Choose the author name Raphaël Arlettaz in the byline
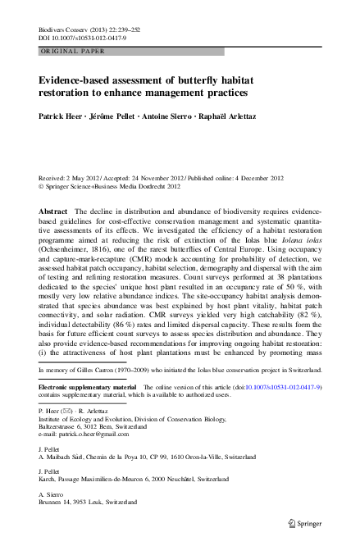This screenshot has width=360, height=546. pos(244,116)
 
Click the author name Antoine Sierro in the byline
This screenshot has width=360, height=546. pos(172,116)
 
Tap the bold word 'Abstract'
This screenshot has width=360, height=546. pos(53,211)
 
